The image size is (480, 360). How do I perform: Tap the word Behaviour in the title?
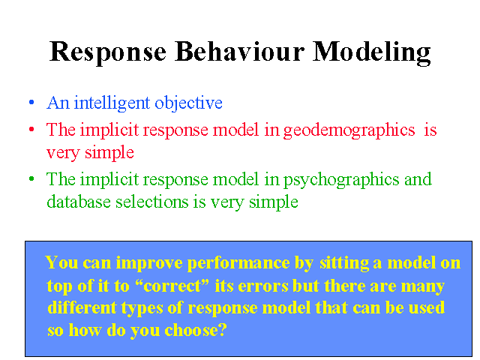(x=239, y=51)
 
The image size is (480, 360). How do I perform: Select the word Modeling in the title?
(x=371, y=53)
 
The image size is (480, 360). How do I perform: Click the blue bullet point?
(x=31, y=102)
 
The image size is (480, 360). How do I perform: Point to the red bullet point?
(x=31, y=129)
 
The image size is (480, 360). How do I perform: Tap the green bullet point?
(x=31, y=178)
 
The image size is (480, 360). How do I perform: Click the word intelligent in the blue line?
(x=112, y=103)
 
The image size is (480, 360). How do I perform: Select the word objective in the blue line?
(x=188, y=103)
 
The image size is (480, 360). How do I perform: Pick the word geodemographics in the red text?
(x=349, y=130)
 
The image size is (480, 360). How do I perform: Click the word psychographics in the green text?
(x=341, y=180)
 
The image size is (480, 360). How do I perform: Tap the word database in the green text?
(x=79, y=202)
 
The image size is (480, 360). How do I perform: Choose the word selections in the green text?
(x=151, y=202)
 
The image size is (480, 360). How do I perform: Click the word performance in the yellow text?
(x=238, y=263)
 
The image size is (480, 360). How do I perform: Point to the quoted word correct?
(x=172, y=286)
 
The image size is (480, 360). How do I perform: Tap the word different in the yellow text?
(x=82, y=307)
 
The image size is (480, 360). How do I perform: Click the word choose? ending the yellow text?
(x=196, y=331)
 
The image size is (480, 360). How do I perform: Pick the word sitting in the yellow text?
(x=344, y=263)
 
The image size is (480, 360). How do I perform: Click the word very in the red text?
(x=63, y=153)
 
